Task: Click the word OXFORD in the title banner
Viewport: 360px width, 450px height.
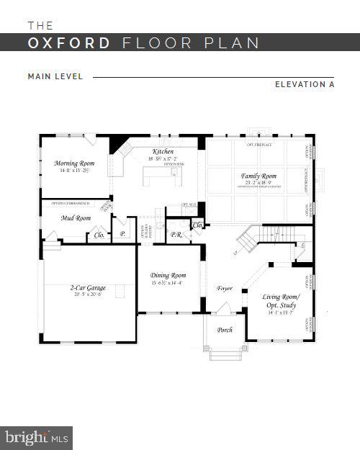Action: [x=70, y=42]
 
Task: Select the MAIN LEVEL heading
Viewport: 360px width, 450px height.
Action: [x=55, y=76]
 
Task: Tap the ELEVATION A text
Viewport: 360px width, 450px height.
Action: [x=305, y=84]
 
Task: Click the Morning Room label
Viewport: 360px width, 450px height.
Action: [x=75, y=163]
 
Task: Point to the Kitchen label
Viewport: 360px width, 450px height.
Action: [x=163, y=151]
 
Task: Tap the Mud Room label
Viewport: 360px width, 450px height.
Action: [x=76, y=218]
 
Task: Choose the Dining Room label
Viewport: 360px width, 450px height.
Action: [x=168, y=275]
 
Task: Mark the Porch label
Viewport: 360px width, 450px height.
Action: [x=225, y=330]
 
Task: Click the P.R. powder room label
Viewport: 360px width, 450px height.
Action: [x=175, y=235]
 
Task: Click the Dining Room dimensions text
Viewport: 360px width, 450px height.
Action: [x=168, y=283]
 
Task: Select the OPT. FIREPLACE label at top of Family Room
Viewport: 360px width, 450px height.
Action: [x=259, y=145]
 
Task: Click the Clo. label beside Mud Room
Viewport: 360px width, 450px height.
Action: [x=99, y=235]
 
